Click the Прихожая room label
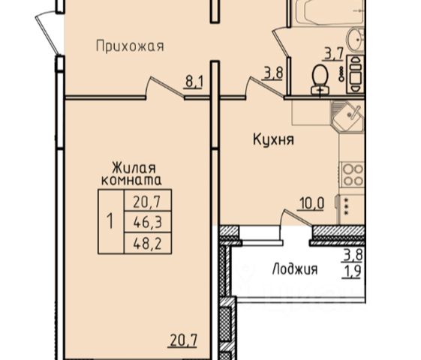pyautogui.click(x=130, y=46)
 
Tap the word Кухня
pyautogui.click(x=273, y=139)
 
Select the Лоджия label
pyautogui.click(x=295, y=268)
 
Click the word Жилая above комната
pyautogui.click(x=134, y=169)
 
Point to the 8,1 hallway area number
pyautogui.click(x=194, y=82)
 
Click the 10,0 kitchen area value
pyautogui.click(x=311, y=203)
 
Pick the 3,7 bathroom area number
pyautogui.click(x=334, y=54)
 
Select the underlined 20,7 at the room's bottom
pyautogui.click(x=183, y=340)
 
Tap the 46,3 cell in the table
pyautogui.click(x=148, y=222)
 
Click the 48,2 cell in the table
pyautogui.click(x=148, y=244)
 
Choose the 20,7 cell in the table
pyautogui.click(x=147, y=202)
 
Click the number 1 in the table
pyautogui.click(x=110, y=221)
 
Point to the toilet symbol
pyautogui.click(x=320, y=80)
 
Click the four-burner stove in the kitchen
pyautogui.click(x=352, y=174)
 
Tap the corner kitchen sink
pyautogui.click(x=347, y=116)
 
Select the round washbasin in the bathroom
pyautogui.click(x=356, y=40)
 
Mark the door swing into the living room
pyautogui.click(x=164, y=87)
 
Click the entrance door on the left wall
pyautogui.click(x=47, y=31)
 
